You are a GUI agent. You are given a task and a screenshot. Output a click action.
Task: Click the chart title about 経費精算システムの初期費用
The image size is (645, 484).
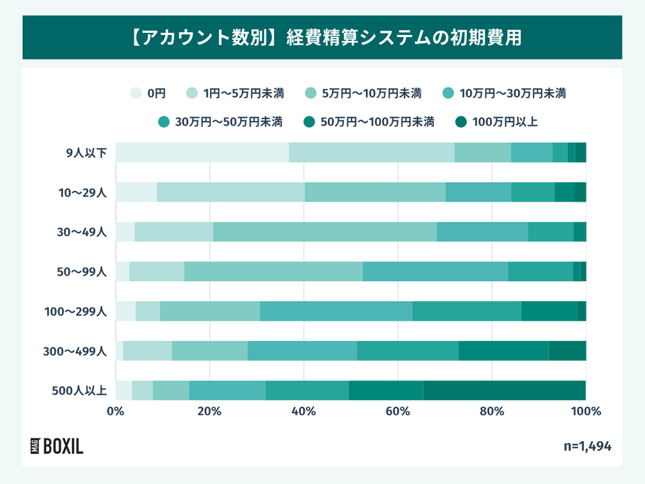coord(322,36)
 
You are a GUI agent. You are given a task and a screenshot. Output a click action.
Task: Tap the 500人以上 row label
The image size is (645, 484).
coord(79,391)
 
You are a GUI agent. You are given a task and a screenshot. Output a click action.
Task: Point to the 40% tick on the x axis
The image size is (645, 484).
coord(304,411)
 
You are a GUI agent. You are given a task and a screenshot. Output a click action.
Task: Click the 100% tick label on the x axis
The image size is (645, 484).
coord(586,411)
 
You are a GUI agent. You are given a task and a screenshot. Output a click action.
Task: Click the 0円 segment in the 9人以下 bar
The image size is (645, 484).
coord(202,153)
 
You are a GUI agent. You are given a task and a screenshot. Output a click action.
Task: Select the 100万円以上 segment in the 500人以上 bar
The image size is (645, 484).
coord(504,390)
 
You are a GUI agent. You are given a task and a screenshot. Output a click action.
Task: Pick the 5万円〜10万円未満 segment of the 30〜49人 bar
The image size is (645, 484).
coord(325,232)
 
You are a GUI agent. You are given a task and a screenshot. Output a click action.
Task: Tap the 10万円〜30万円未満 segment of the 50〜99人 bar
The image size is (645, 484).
coord(435,272)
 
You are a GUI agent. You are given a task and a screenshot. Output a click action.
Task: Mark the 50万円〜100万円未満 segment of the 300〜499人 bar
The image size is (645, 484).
coord(503,351)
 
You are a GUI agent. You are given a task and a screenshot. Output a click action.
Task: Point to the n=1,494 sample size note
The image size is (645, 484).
coord(587,446)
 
